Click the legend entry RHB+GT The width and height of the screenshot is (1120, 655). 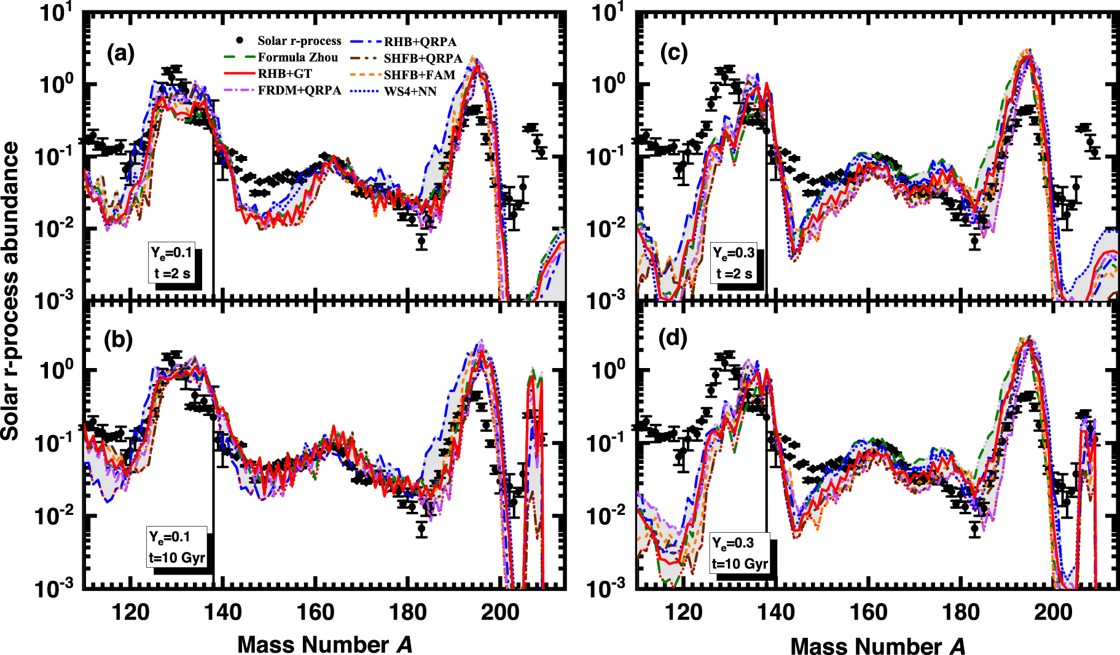pyautogui.click(x=284, y=74)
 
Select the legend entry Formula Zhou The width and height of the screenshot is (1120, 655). pyautogui.click(x=297, y=57)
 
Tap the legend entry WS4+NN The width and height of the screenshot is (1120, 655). pyautogui.click(x=410, y=92)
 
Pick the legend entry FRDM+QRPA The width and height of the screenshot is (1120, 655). pyautogui.click(x=299, y=90)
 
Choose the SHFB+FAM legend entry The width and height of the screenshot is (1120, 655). pyautogui.click(x=420, y=75)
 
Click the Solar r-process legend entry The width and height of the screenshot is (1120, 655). pyautogui.click(x=299, y=41)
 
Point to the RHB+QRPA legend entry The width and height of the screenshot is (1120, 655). pyautogui.click(x=420, y=42)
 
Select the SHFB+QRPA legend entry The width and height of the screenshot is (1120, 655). pyautogui.click(x=423, y=58)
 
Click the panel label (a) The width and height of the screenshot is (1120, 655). pyautogui.click(x=120, y=54)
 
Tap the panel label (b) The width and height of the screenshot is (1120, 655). pyautogui.click(x=119, y=339)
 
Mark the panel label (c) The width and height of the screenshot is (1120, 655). pyautogui.click(x=674, y=53)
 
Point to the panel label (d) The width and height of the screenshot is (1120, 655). pyautogui.click(x=673, y=338)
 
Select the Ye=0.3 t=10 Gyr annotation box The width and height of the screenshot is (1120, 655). pyautogui.click(x=739, y=553)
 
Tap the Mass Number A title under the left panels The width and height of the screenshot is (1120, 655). pyautogui.click(x=324, y=645)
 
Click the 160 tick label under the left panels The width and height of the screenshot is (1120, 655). pyautogui.click(x=315, y=612)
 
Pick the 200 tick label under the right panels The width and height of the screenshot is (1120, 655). pyautogui.click(x=1053, y=612)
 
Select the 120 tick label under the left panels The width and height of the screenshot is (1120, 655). pyautogui.click(x=130, y=612)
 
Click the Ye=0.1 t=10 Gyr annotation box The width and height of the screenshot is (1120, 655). pyautogui.click(x=176, y=547)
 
